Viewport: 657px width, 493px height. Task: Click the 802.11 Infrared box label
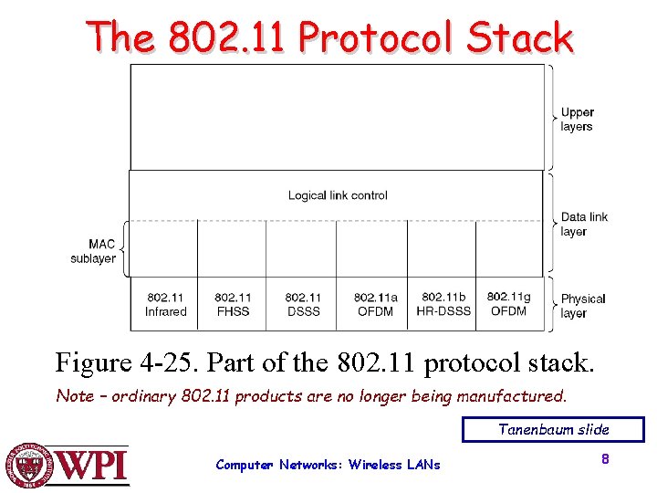[164, 304]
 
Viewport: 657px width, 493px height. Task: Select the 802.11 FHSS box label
[233, 304]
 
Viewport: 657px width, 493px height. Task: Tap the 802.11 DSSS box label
[303, 304]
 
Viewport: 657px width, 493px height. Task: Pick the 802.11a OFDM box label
[375, 304]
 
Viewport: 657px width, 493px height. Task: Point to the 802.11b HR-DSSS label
[443, 304]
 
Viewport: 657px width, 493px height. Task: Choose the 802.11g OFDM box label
[509, 303]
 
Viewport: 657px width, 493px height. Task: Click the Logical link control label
[338, 195]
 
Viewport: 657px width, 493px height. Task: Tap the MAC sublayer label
[94, 251]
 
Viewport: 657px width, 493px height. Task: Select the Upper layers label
[577, 120]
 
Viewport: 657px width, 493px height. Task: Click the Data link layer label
[584, 224]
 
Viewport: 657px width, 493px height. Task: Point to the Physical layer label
[583, 306]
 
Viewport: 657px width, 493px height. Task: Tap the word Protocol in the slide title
[374, 38]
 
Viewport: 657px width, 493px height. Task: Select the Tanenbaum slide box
[553, 429]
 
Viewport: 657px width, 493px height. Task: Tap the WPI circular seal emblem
[28, 466]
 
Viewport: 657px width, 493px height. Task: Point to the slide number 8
[604, 459]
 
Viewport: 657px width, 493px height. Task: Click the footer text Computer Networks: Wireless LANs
[328, 465]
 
